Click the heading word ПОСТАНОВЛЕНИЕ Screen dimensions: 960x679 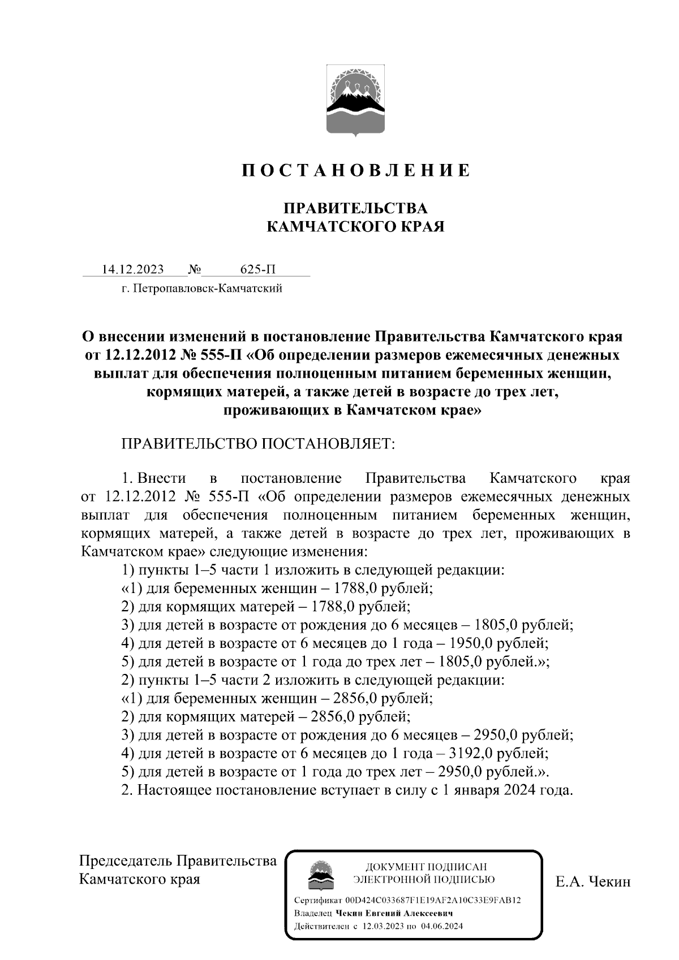[356, 170]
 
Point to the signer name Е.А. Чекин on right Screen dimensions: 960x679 [592, 881]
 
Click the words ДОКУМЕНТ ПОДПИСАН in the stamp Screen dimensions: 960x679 [426, 867]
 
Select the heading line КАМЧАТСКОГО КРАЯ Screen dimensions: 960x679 [355, 227]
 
